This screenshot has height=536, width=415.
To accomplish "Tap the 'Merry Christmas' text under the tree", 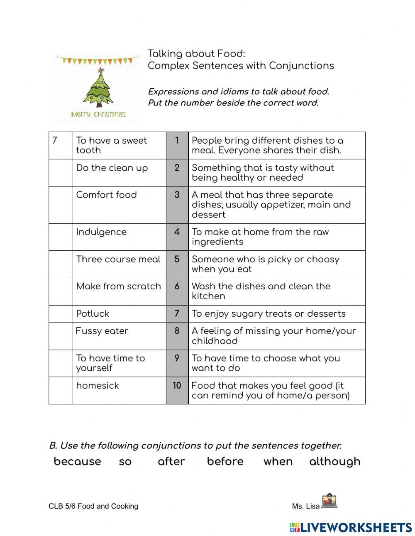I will click(x=98, y=114).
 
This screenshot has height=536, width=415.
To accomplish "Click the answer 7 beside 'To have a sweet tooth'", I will click(x=55, y=140).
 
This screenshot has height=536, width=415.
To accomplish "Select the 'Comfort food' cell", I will click(x=107, y=195).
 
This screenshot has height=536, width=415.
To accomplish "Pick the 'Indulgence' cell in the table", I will click(x=101, y=232).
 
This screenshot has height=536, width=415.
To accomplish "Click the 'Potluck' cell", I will click(x=93, y=313).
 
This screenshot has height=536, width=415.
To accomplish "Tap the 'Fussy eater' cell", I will click(x=102, y=331).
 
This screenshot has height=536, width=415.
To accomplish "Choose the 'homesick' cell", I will click(x=98, y=385).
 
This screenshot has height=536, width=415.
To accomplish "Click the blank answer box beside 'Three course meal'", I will click(x=61, y=264).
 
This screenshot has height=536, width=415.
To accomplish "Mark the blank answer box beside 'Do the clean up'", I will click(x=61, y=173).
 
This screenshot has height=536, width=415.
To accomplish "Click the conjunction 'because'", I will click(x=78, y=461).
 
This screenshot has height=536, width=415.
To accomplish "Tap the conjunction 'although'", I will click(x=334, y=461).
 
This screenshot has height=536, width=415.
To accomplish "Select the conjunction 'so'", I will click(x=125, y=462).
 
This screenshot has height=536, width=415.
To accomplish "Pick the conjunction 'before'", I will click(x=225, y=461).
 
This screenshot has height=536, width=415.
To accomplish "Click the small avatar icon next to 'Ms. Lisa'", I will click(x=329, y=501).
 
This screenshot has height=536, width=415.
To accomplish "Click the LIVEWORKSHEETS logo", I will click(x=351, y=527).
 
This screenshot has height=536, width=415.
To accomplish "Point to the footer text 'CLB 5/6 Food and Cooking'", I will click(x=93, y=506).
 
